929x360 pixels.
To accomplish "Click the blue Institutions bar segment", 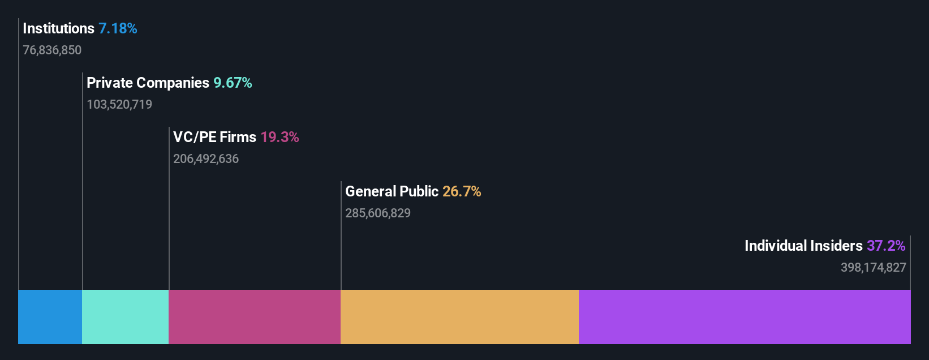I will click(x=50, y=317).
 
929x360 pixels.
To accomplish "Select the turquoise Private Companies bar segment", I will click(x=125, y=317).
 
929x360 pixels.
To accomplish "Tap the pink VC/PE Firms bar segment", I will click(x=255, y=317).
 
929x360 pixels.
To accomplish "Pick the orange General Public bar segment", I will click(x=459, y=317).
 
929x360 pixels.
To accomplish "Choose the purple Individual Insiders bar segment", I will click(x=745, y=317).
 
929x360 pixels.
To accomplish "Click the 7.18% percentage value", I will click(x=118, y=28).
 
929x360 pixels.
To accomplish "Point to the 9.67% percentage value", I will click(x=233, y=83).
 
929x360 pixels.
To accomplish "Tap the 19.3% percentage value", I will click(x=279, y=137).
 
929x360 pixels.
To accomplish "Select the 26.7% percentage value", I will click(x=462, y=191).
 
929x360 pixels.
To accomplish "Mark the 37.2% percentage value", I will click(x=886, y=246).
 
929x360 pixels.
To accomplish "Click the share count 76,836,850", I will click(x=52, y=50).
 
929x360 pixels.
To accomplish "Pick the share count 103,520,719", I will click(x=119, y=105).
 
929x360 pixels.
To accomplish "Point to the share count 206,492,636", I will click(x=206, y=159).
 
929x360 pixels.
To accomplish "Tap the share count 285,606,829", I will click(x=378, y=213).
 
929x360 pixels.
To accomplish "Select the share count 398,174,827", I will click(x=873, y=268).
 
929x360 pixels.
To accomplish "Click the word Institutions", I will click(x=58, y=28).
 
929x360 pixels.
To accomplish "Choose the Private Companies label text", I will click(x=148, y=83).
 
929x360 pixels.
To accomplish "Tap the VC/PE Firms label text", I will click(x=214, y=137).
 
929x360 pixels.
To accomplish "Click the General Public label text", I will click(x=392, y=191).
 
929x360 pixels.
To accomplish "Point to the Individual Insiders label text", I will click(x=803, y=246).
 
